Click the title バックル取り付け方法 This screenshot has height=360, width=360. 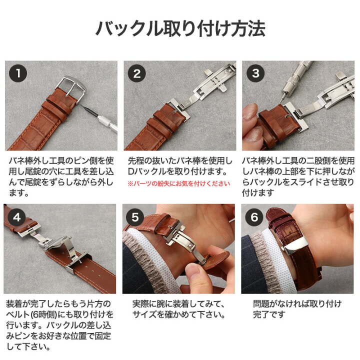point(180,28)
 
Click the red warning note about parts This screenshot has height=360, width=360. point(179,183)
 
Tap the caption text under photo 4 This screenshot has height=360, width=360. point(59,325)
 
